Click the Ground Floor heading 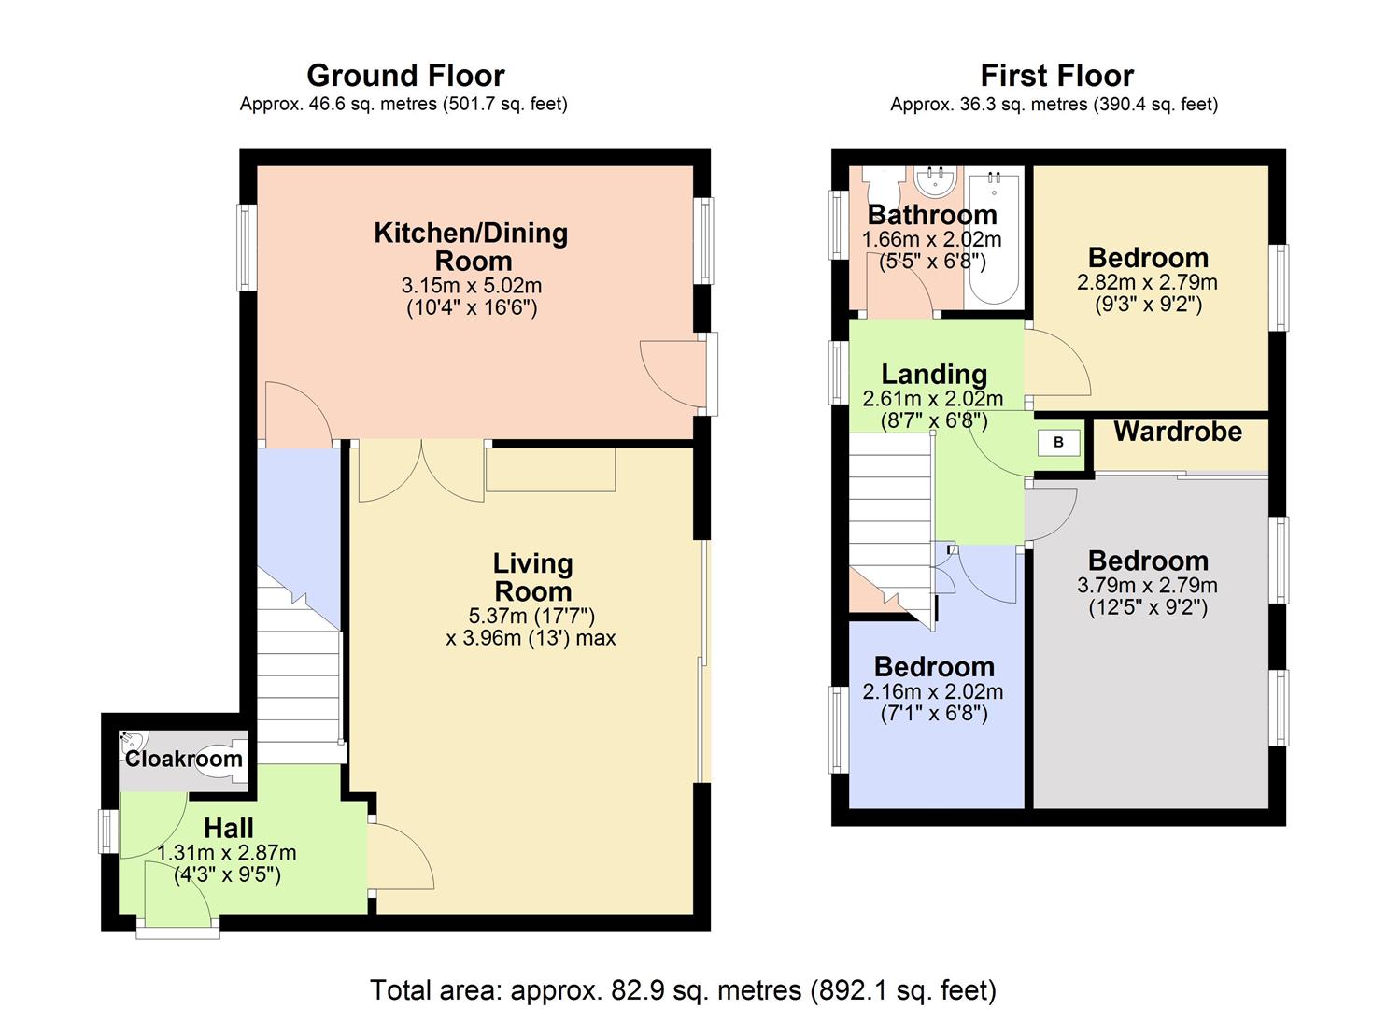pyautogui.click(x=405, y=76)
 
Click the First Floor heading pyautogui.click(x=1056, y=76)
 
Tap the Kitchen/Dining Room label pyautogui.click(x=472, y=246)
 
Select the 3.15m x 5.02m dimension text pyautogui.click(x=472, y=286)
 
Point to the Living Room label pyautogui.click(x=532, y=577)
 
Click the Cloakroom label pyautogui.click(x=184, y=759)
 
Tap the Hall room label pyautogui.click(x=229, y=829)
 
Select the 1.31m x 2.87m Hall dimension pyautogui.click(x=227, y=853)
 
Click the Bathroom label pyautogui.click(x=932, y=215)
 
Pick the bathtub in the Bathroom pyautogui.click(x=993, y=237)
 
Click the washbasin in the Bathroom pyautogui.click(x=935, y=178)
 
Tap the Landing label pyautogui.click(x=934, y=375)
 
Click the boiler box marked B pyautogui.click(x=1058, y=443)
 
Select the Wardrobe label pyautogui.click(x=1178, y=432)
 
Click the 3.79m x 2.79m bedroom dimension pyautogui.click(x=1148, y=586)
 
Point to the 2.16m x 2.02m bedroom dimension pyautogui.click(x=933, y=692)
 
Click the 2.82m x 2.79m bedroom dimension pyautogui.click(x=1148, y=282)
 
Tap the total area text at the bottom pyautogui.click(x=683, y=989)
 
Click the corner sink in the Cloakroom pyautogui.click(x=129, y=744)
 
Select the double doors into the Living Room pyautogui.click(x=421, y=470)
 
